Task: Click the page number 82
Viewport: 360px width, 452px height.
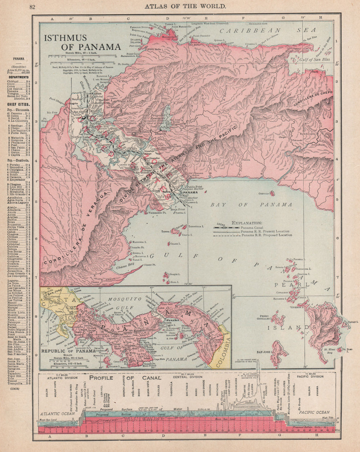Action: pos(32,6)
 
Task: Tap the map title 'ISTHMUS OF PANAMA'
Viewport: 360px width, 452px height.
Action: pos(82,42)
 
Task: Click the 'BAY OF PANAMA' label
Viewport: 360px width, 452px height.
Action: pos(251,205)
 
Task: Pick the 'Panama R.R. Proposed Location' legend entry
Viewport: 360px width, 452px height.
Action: pos(266,235)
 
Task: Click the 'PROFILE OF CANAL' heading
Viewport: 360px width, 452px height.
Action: pos(125,378)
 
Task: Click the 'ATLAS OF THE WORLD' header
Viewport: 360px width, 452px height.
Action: pos(185,6)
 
